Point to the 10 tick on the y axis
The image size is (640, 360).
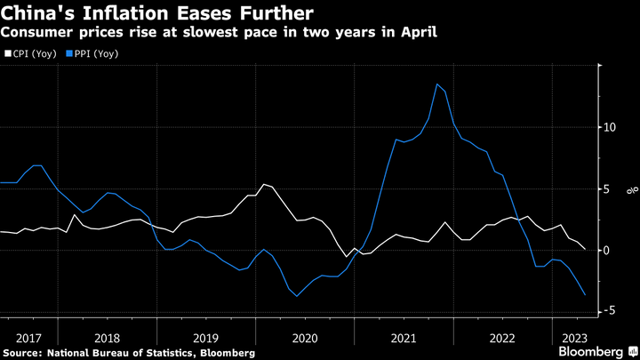click(610, 127)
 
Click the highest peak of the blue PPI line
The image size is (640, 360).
click(437, 84)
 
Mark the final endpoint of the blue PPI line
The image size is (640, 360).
click(585, 295)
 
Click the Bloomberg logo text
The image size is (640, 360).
click(590, 352)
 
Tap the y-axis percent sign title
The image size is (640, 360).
click(629, 188)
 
